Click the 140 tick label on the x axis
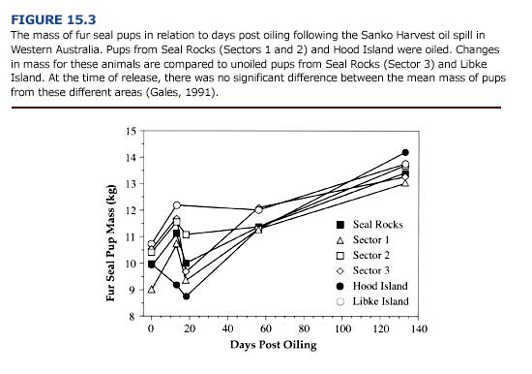pyautogui.click(x=418, y=329)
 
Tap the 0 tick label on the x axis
pyautogui.click(x=151, y=329)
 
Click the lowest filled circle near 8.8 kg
pyautogui.click(x=186, y=296)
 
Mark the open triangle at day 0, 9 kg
pyautogui.click(x=151, y=289)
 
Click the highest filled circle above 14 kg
pyautogui.click(x=405, y=152)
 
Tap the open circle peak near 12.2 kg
pyautogui.click(x=177, y=205)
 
